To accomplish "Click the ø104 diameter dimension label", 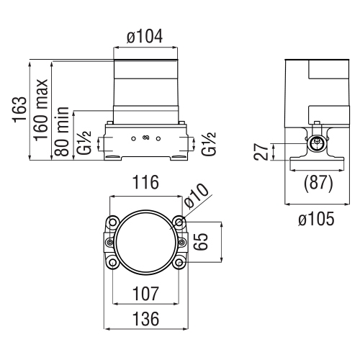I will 145,35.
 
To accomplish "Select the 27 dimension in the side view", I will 264,151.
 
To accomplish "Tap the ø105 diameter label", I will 315,219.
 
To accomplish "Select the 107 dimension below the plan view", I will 145,294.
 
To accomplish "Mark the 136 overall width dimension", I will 145,317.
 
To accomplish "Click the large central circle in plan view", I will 145,243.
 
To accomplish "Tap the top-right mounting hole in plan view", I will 179,221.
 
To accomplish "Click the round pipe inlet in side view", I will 315,144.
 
